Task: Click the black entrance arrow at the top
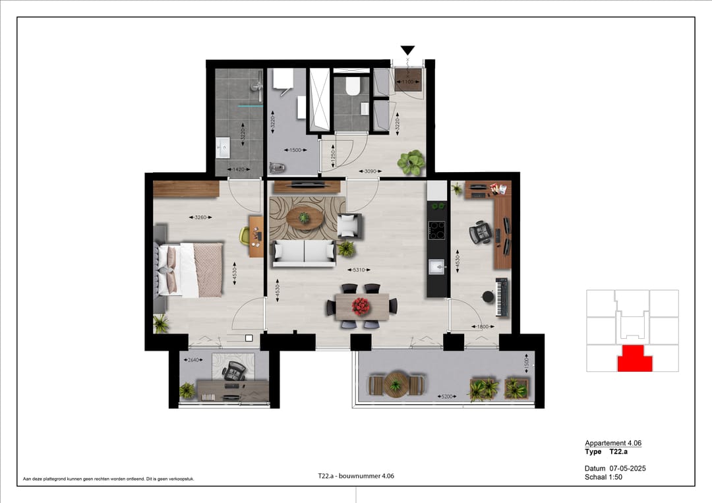pyautogui.click(x=408, y=50)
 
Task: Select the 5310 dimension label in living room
pyautogui.click(x=359, y=270)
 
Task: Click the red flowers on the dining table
pyautogui.click(x=361, y=305)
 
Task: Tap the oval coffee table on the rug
pyautogui.click(x=304, y=218)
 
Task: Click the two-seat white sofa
pyautogui.click(x=304, y=253)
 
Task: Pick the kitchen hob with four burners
pyautogui.click(x=436, y=230)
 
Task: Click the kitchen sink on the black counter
pyautogui.click(x=436, y=266)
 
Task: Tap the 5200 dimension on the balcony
pyautogui.click(x=448, y=397)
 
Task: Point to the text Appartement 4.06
pyautogui.click(x=612, y=443)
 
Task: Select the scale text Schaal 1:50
pyautogui.click(x=603, y=477)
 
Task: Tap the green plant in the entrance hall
pyautogui.click(x=412, y=162)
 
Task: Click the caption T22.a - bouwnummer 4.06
pyautogui.click(x=355, y=476)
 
